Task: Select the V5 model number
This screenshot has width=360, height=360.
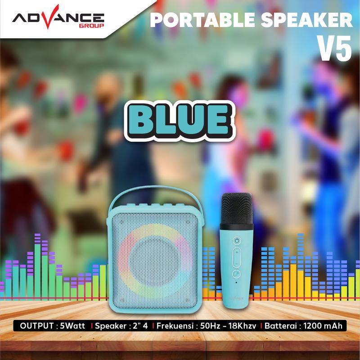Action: [334, 48]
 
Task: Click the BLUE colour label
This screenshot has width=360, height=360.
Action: [180, 121]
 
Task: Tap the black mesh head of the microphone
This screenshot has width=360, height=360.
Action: [237, 208]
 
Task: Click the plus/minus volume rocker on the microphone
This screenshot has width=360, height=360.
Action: [237, 257]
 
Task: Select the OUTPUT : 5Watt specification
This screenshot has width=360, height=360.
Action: [52, 326]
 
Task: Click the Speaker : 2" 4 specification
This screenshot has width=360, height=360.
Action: [121, 326]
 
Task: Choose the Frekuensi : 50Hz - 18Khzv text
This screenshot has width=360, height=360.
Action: [206, 326]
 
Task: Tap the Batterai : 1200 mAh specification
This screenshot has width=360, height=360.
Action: [303, 326]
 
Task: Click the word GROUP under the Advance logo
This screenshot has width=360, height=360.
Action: [92, 26]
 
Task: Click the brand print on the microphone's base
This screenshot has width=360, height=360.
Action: [237, 298]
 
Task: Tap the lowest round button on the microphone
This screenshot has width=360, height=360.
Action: [237, 274]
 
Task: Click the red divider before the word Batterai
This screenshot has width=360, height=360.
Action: [261, 326]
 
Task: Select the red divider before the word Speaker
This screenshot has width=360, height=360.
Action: [92, 326]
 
